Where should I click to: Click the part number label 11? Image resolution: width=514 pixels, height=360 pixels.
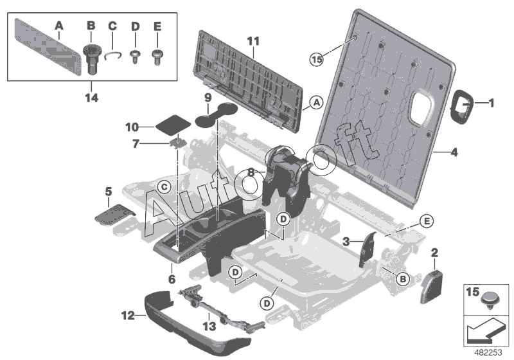(253, 41)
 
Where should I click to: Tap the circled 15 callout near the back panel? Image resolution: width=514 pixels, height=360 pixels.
(317, 60)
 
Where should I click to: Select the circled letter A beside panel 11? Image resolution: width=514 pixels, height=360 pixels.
(316, 103)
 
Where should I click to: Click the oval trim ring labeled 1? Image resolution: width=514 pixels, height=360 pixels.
(462, 107)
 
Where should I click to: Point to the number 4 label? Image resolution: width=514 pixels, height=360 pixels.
(454, 152)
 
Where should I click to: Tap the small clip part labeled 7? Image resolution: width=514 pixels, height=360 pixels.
(179, 143)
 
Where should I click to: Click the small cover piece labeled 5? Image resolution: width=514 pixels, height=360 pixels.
(114, 215)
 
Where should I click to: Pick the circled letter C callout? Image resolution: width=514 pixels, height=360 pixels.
(164, 188)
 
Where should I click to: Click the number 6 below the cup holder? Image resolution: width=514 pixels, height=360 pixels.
(172, 280)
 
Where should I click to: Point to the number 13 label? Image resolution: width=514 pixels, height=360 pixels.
(209, 326)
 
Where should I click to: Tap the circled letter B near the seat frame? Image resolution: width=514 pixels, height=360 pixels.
(403, 279)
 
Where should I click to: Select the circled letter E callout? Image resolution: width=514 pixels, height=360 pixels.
(427, 221)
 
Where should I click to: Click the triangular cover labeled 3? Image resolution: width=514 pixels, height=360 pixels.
(368, 249)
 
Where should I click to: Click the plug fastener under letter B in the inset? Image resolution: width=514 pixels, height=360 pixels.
(91, 60)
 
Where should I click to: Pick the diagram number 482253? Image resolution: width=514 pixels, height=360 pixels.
(488, 353)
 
